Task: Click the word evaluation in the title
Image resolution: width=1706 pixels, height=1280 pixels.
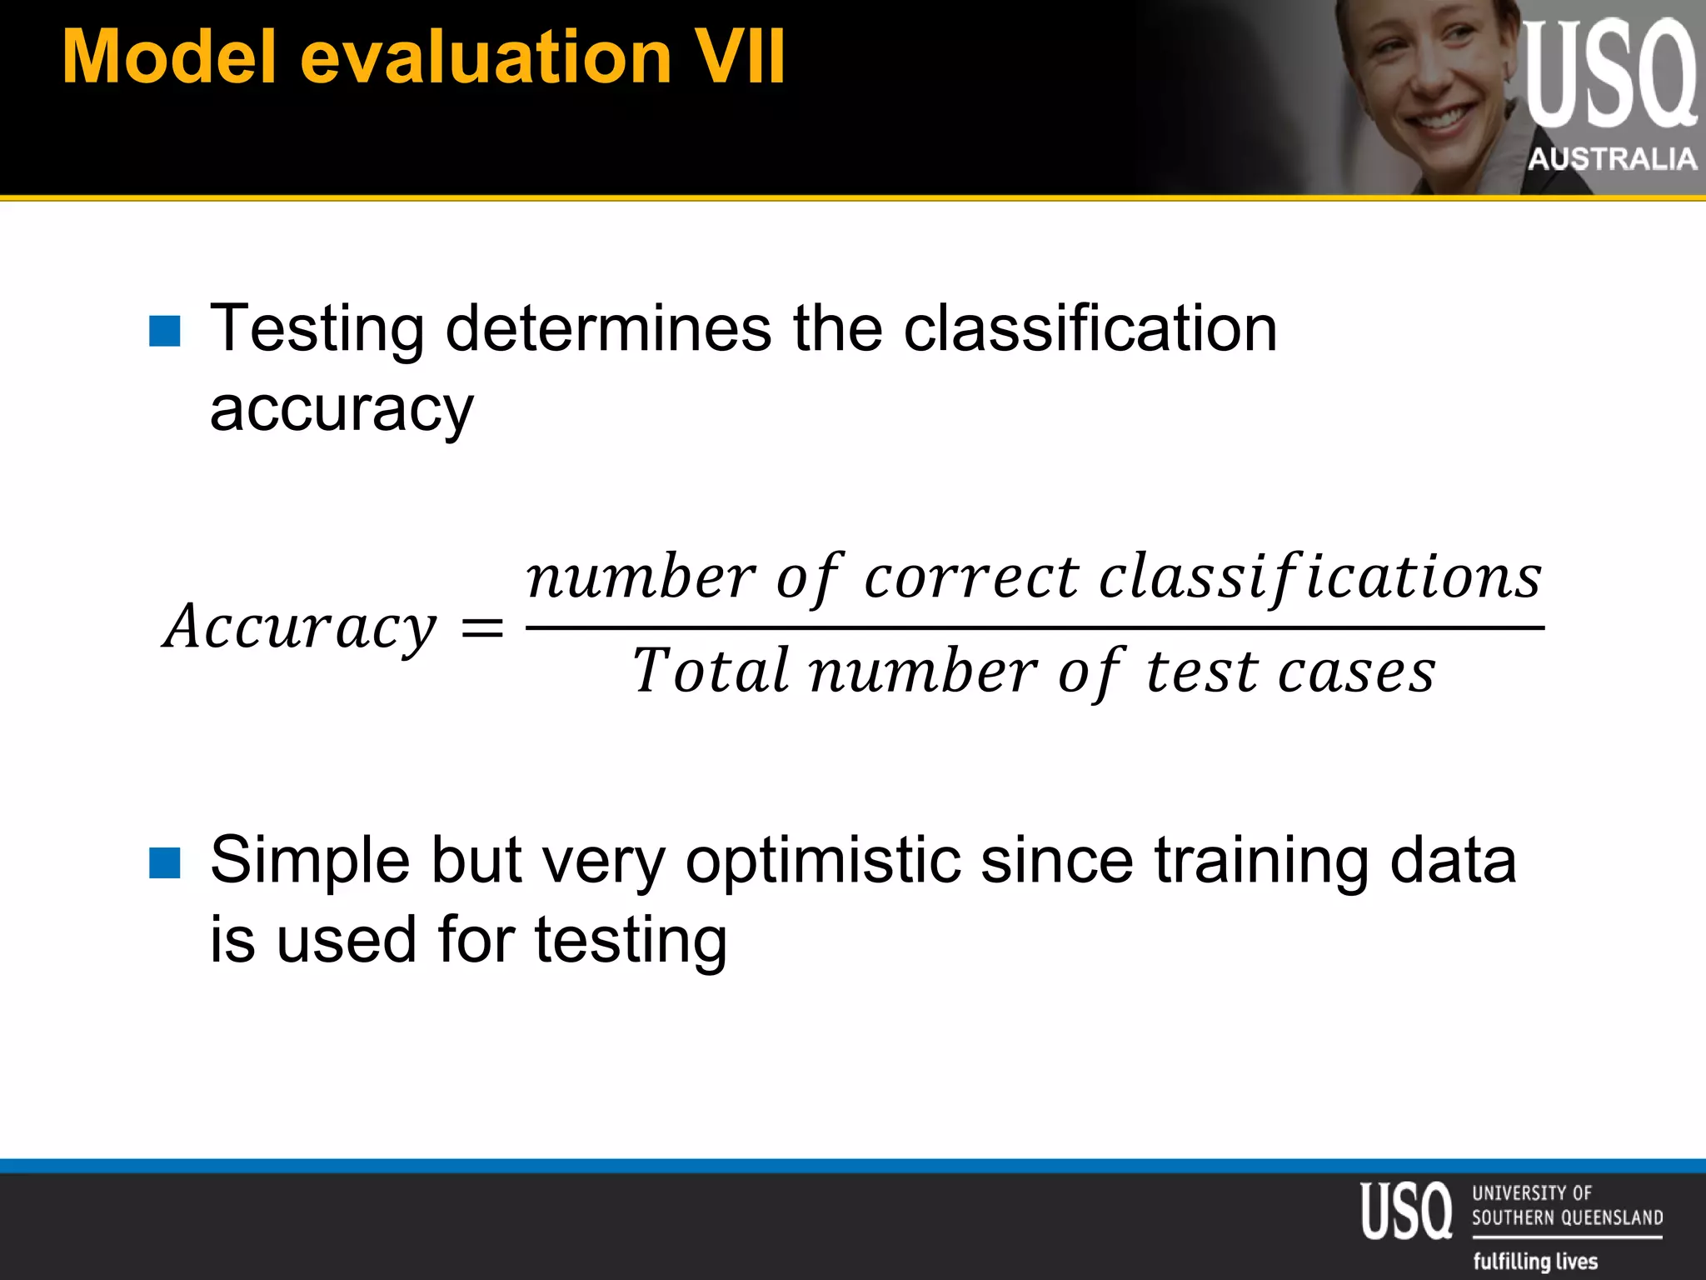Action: pos(485,57)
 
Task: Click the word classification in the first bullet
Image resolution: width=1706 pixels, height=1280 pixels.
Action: pos(1090,328)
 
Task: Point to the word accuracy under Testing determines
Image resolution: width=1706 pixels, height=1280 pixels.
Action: pos(341,410)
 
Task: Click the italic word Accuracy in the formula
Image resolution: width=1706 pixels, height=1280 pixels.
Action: pos(300,627)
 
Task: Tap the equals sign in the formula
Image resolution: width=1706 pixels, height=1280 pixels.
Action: pos(482,627)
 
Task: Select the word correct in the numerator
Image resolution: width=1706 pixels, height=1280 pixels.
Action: pos(970,577)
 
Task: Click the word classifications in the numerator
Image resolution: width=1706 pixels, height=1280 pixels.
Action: pos(1320,577)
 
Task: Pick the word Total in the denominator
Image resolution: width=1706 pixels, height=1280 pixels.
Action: pos(710,671)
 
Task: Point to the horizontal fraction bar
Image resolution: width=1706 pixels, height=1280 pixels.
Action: pos(1033,627)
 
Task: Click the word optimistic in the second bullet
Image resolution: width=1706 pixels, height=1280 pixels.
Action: pos(821,861)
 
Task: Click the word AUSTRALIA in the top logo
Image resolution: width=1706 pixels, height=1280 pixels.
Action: pos(1611,158)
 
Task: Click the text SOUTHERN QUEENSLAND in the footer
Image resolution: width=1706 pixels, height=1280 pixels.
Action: pos(1567,1217)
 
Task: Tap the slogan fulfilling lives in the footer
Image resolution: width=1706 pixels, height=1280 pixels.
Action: pos(1535,1261)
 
